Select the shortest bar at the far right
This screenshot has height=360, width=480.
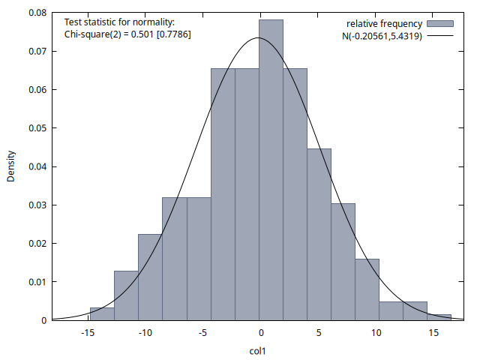(439, 317)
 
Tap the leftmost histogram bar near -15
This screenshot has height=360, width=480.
(102, 313)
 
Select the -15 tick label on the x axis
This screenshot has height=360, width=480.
(87, 333)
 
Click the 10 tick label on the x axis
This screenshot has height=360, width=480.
(376, 333)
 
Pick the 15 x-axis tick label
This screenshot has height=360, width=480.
(433, 333)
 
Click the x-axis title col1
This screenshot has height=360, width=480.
(259, 350)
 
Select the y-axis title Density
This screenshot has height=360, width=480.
(11, 166)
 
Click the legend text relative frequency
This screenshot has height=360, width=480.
(384, 24)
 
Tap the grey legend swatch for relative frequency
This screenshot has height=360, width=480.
(440, 24)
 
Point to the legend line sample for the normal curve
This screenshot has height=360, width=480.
(440, 36)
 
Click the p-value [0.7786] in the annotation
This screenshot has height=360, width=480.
(172, 34)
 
